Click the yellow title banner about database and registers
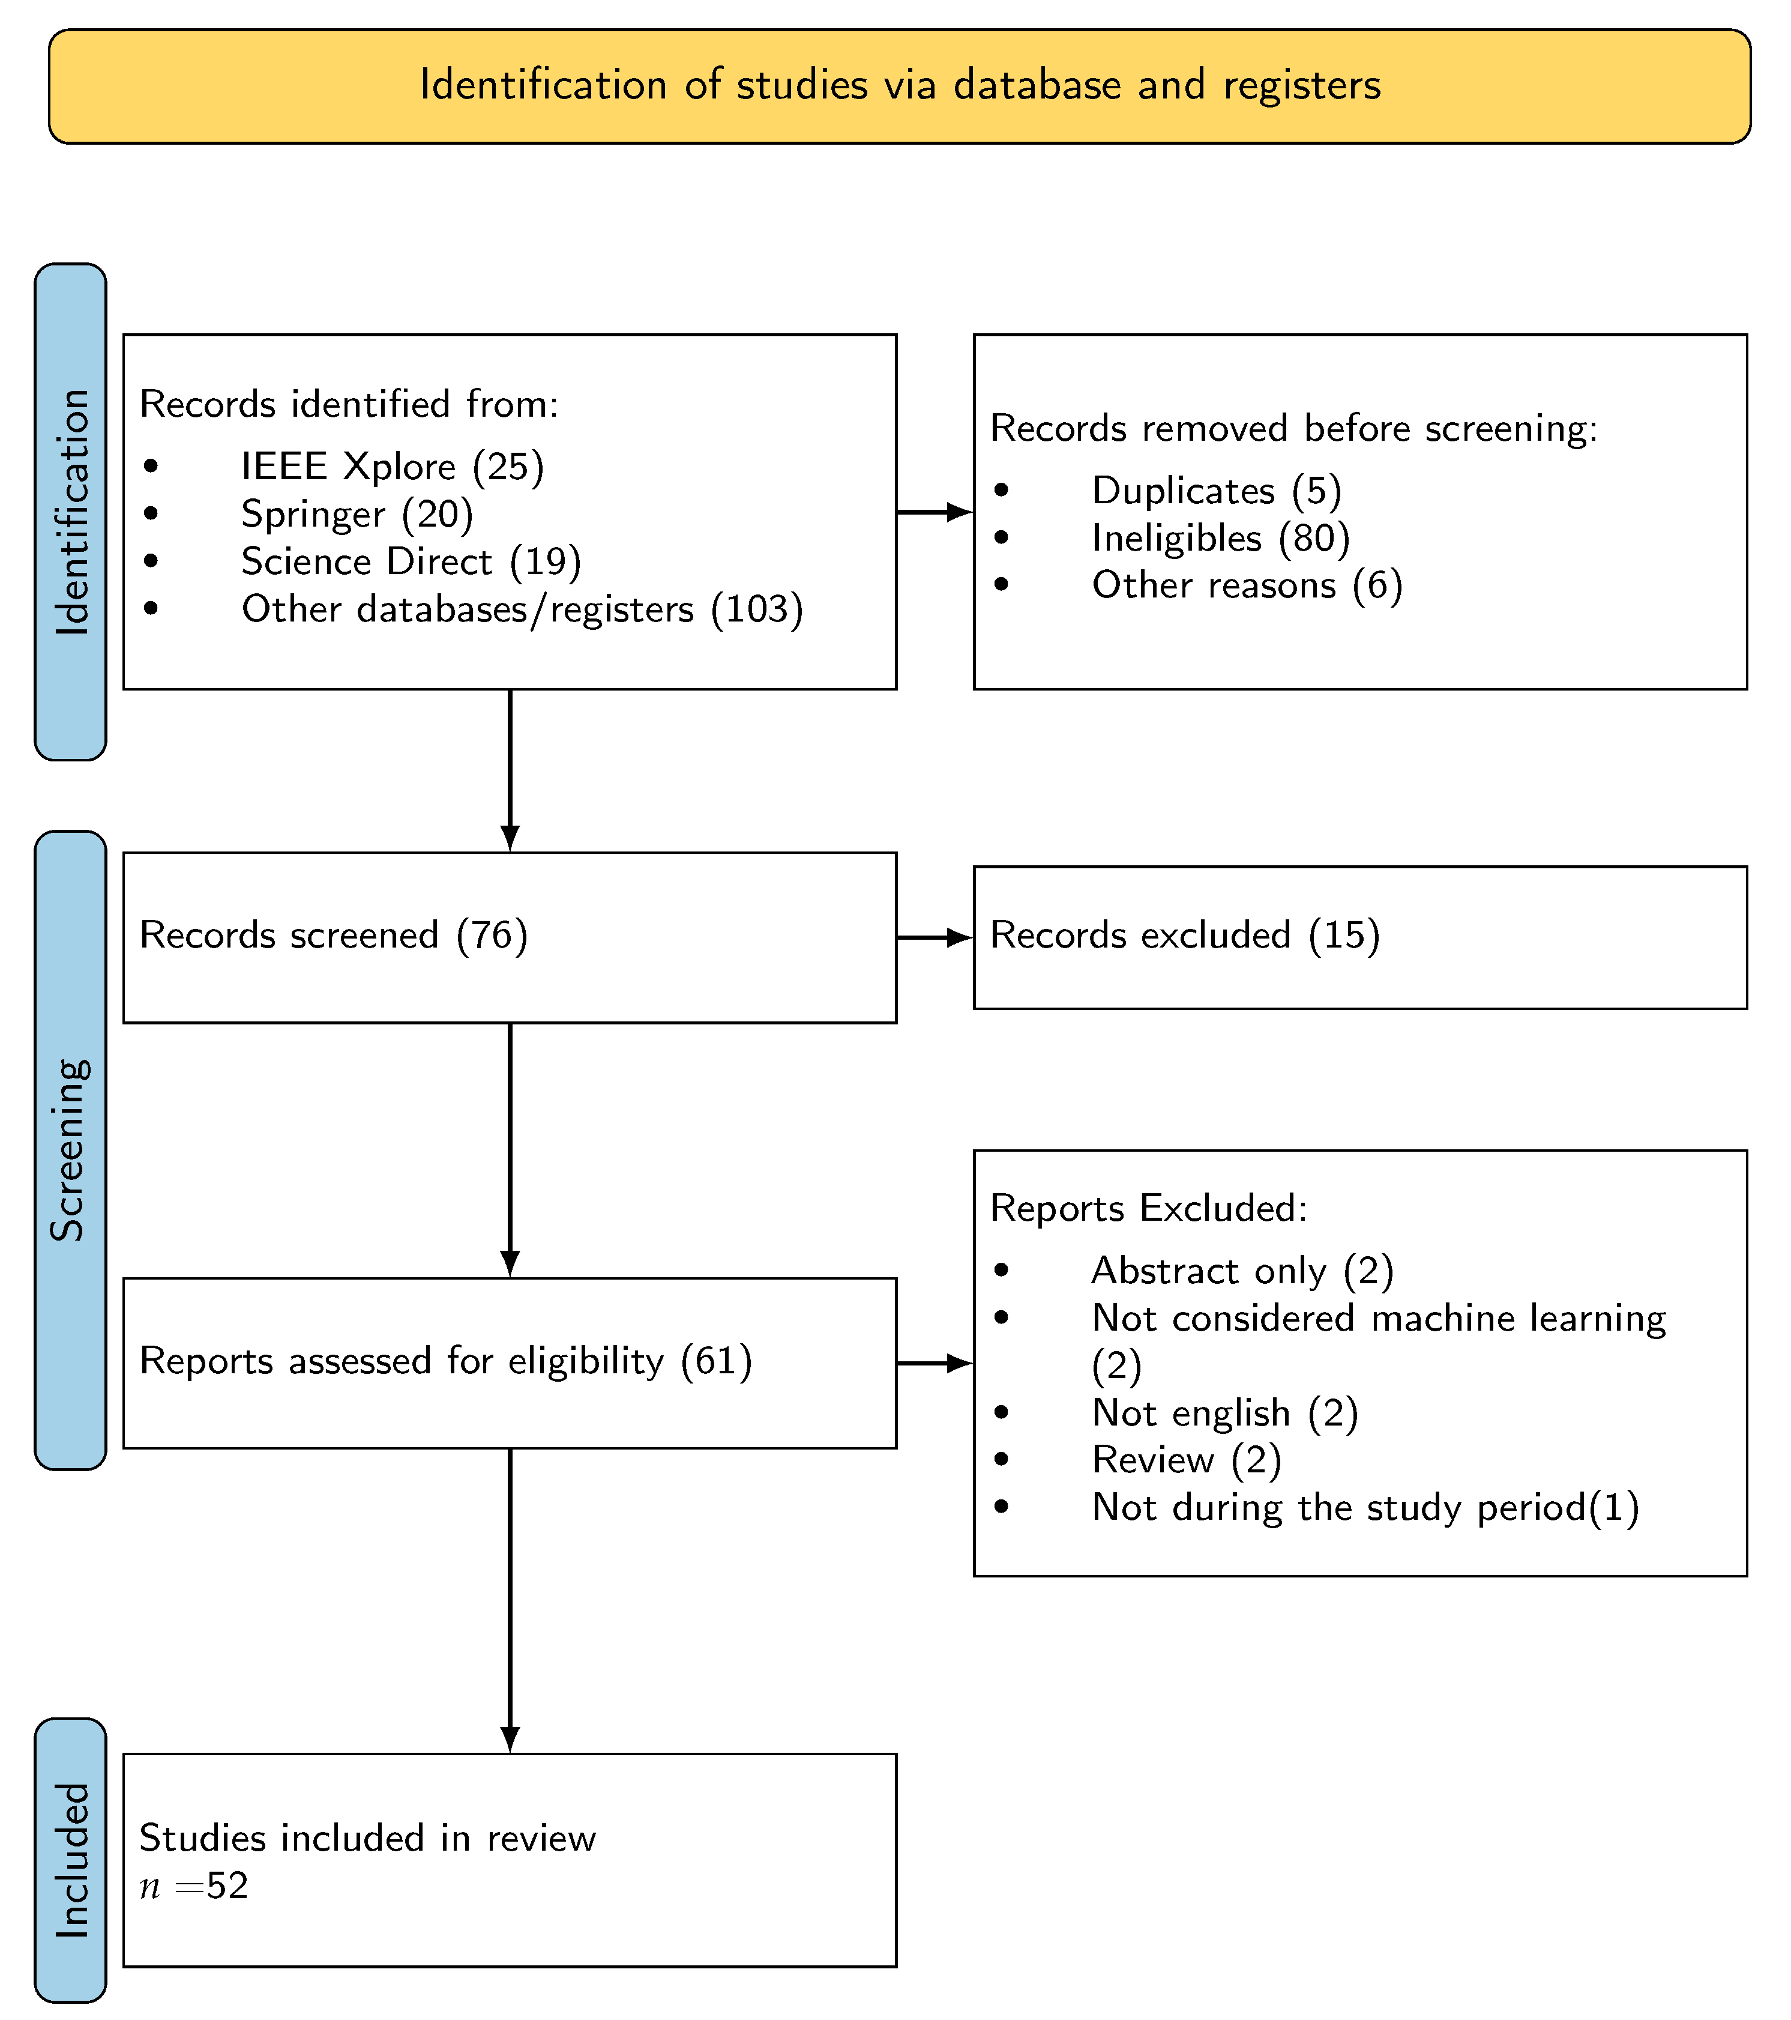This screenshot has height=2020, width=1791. (899, 86)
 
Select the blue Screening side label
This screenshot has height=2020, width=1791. (70, 1149)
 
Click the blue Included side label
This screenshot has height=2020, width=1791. (70, 1860)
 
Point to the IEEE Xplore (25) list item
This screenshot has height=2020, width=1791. (391, 467)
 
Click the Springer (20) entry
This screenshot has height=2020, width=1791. (357, 514)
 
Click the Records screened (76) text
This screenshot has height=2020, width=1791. (333, 935)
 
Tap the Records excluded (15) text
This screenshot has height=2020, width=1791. (1184, 935)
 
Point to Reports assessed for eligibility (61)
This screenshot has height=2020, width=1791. (445, 1361)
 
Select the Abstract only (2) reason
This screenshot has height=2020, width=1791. (1242, 1270)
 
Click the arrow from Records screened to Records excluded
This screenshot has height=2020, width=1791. (935, 937)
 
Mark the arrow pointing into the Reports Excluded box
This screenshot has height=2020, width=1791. (935, 1363)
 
